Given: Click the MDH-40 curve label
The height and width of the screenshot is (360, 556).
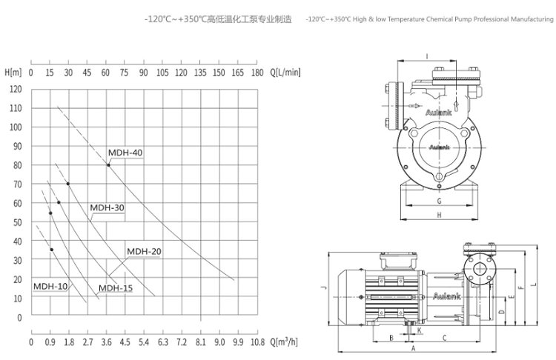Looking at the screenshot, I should pos(125,153).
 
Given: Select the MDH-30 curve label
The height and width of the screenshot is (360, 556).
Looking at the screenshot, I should pos(107,208).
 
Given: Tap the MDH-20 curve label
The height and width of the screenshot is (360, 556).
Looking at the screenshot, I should pos(144,251).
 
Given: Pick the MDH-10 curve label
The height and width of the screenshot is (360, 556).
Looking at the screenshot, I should pos(50,286).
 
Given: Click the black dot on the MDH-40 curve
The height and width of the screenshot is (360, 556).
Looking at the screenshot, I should pos(108,165).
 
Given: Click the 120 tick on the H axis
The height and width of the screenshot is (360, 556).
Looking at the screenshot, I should pos(16,89).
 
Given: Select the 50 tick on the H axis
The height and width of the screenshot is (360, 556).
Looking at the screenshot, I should pos(18,222).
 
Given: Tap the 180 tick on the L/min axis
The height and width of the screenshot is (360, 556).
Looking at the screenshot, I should pos(257,73).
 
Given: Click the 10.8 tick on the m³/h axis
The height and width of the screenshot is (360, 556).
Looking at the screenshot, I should pos(257,342).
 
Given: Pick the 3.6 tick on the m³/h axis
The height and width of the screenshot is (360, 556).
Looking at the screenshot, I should pos(106,342).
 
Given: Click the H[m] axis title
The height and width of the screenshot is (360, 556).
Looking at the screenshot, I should pos(13,73).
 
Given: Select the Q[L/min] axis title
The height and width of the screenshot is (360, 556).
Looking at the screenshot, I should pos(286,73).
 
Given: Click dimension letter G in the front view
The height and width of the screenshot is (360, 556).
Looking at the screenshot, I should pos(439,201).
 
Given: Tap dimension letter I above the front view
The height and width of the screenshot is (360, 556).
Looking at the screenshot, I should pos(428,56).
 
